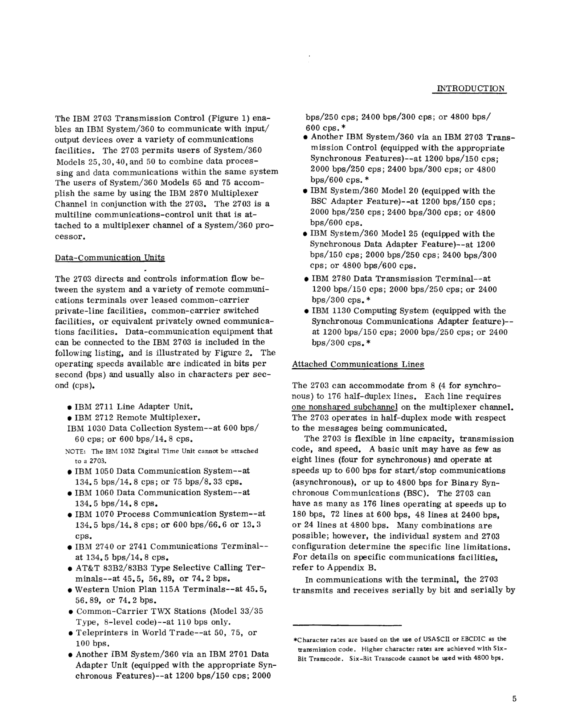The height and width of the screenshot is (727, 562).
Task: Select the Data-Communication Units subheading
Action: click(x=110, y=258)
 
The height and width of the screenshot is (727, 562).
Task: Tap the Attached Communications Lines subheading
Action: click(x=358, y=364)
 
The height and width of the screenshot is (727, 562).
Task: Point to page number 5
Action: click(x=514, y=699)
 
